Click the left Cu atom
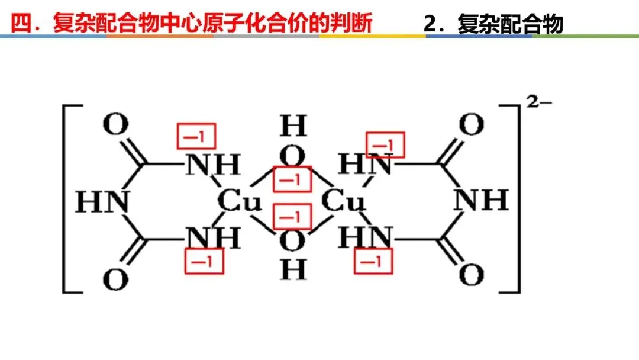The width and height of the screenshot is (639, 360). click(239, 202)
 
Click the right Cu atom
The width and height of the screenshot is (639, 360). click(343, 202)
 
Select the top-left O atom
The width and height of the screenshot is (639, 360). click(115, 125)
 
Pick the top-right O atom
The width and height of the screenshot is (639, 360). click(471, 125)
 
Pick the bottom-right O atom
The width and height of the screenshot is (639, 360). click(471, 276)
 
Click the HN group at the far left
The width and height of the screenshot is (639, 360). click(102, 202)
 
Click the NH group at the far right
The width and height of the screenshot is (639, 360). click(480, 201)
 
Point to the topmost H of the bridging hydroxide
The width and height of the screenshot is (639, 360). click(293, 126)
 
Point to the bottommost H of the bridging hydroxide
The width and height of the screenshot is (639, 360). click(293, 271)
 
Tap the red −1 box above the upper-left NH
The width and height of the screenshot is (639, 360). click(196, 136)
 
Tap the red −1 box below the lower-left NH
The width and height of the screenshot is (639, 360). click(205, 261)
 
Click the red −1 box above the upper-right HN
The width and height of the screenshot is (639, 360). click(385, 144)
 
